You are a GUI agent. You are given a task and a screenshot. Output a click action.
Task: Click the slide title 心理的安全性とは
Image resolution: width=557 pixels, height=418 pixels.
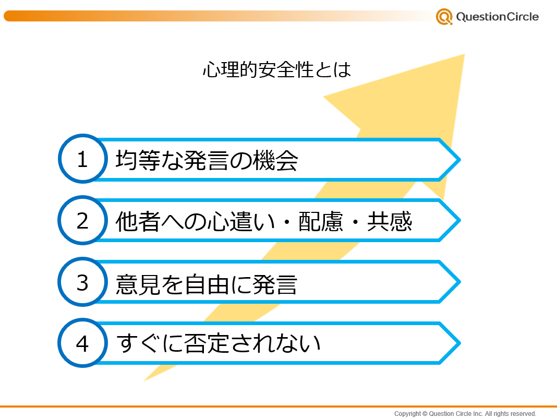(277, 69)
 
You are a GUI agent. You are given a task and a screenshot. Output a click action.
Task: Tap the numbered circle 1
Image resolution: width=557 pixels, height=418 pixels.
(83, 159)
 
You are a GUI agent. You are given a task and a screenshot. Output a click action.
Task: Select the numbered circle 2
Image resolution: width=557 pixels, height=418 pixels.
(83, 220)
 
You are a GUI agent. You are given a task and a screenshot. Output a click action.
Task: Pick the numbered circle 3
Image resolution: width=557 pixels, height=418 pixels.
(83, 282)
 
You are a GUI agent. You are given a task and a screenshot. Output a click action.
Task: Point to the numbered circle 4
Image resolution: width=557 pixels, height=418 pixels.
(83, 343)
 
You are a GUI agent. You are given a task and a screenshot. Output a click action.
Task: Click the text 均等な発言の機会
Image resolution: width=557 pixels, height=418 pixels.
(207, 160)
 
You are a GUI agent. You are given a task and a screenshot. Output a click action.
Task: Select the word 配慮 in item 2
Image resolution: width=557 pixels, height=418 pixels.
(321, 221)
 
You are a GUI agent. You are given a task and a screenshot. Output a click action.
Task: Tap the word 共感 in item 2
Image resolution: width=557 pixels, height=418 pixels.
(390, 221)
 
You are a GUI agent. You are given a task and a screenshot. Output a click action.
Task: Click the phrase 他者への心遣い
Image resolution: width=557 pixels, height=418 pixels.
(196, 221)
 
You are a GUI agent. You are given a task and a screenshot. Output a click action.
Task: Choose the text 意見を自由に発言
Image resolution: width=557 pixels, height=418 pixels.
(207, 284)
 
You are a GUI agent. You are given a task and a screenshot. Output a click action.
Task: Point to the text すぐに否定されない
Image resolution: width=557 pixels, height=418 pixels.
(219, 343)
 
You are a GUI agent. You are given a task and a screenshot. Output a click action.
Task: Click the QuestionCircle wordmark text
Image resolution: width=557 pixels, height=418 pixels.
(498, 17)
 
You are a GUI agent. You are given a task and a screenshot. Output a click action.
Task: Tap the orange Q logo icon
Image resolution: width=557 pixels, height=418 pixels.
(444, 17)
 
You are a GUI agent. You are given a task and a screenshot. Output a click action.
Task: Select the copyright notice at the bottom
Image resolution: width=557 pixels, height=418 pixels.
(465, 413)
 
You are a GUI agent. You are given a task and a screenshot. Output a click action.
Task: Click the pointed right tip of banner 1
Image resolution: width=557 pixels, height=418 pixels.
(461, 160)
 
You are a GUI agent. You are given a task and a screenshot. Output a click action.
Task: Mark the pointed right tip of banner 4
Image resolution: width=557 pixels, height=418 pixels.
(461, 343)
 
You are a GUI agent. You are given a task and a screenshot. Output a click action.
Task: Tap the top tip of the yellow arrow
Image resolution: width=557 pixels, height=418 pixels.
(464, 54)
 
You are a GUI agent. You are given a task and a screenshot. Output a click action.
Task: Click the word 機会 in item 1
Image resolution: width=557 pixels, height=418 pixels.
(275, 160)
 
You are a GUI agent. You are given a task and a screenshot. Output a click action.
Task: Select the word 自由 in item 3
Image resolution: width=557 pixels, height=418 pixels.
(207, 284)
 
